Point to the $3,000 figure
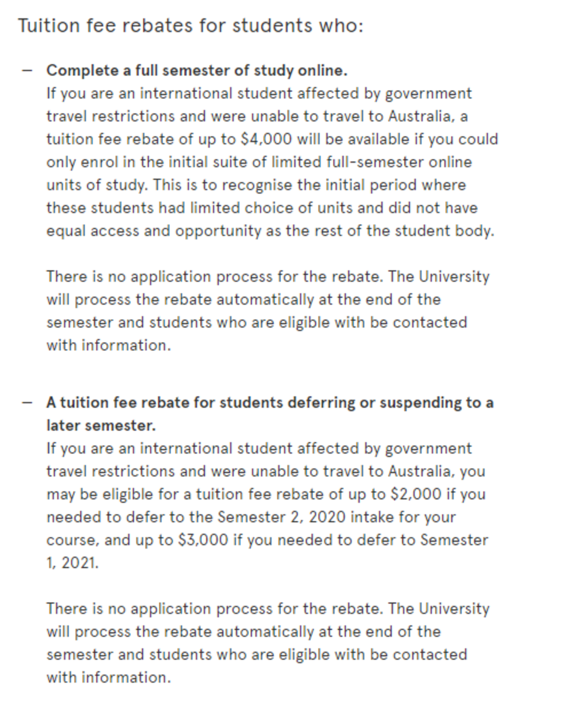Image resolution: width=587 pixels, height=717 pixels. click(x=203, y=540)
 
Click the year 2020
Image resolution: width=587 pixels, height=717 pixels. click(x=328, y=517)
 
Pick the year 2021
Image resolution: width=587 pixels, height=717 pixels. click(x=80, y=563)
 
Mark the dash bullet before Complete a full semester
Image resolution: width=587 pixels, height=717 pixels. click(x=26, y=70)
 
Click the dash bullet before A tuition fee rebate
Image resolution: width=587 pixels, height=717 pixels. click(x=26, y=403)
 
